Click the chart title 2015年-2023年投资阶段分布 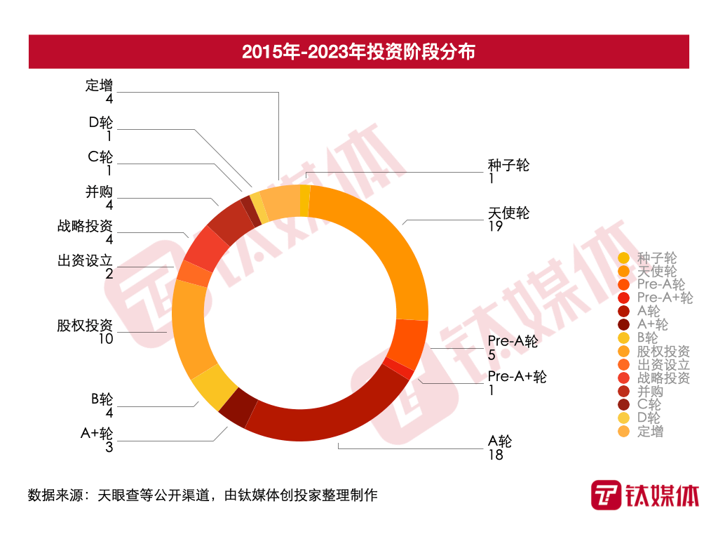tap(358, 52)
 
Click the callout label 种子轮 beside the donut tap(508, 166)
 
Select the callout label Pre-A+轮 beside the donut tap(517, 376)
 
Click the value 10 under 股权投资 tap(106, 339)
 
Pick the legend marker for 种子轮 tap(624, 258)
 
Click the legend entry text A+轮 tap(653, 324)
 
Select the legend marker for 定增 tap(624, 432)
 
